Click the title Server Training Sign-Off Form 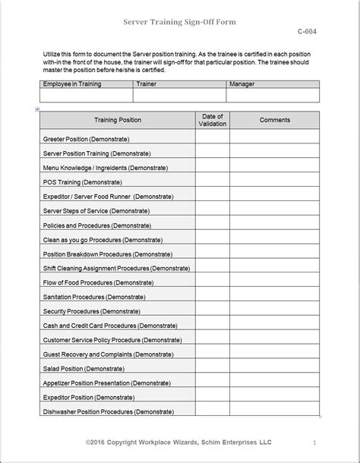180,22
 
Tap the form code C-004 308,33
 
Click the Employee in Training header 73,84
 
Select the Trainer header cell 147,84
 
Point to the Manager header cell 241,84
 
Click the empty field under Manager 273,96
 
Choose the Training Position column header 117,120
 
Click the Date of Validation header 212,120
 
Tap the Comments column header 274,120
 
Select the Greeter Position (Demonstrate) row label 86,139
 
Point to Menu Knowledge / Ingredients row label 106,167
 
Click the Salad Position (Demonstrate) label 82,367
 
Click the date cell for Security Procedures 212,310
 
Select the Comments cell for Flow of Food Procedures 274,282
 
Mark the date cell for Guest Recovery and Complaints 212,354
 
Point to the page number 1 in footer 314,442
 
